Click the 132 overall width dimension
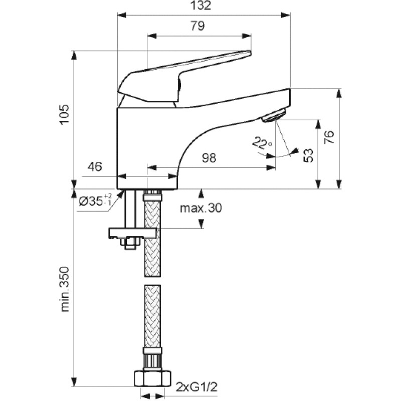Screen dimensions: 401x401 pos(202,6)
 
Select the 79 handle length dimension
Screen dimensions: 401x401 pos(197,26)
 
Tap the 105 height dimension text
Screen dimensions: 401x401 pos(65,114)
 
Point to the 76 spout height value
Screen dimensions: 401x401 pos(329,137)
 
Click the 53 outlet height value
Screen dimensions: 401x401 pos(308,155)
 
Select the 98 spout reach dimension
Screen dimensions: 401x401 pos(209,158)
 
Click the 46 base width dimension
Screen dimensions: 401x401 pos(95,166)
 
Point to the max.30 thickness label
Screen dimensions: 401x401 pos(201,208)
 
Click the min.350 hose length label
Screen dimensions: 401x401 pos(65,289)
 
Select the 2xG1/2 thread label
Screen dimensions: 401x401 pos(196,387)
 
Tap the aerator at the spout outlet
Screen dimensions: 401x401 pos(274,116)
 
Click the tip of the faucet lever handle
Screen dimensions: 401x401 pos(250,53)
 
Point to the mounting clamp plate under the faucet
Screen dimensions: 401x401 pos(132,233)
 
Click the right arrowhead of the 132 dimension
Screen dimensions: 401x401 pos(286,15)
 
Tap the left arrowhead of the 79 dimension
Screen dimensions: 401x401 pos(152,36)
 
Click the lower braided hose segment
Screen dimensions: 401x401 pos(153,316)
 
